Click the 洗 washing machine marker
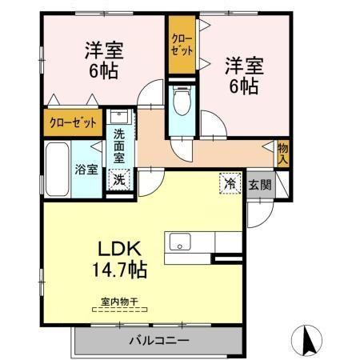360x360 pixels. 118,180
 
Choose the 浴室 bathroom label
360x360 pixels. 86,170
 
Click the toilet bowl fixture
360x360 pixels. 181,101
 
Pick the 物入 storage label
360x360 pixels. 282,153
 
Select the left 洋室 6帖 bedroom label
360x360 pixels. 102,59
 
